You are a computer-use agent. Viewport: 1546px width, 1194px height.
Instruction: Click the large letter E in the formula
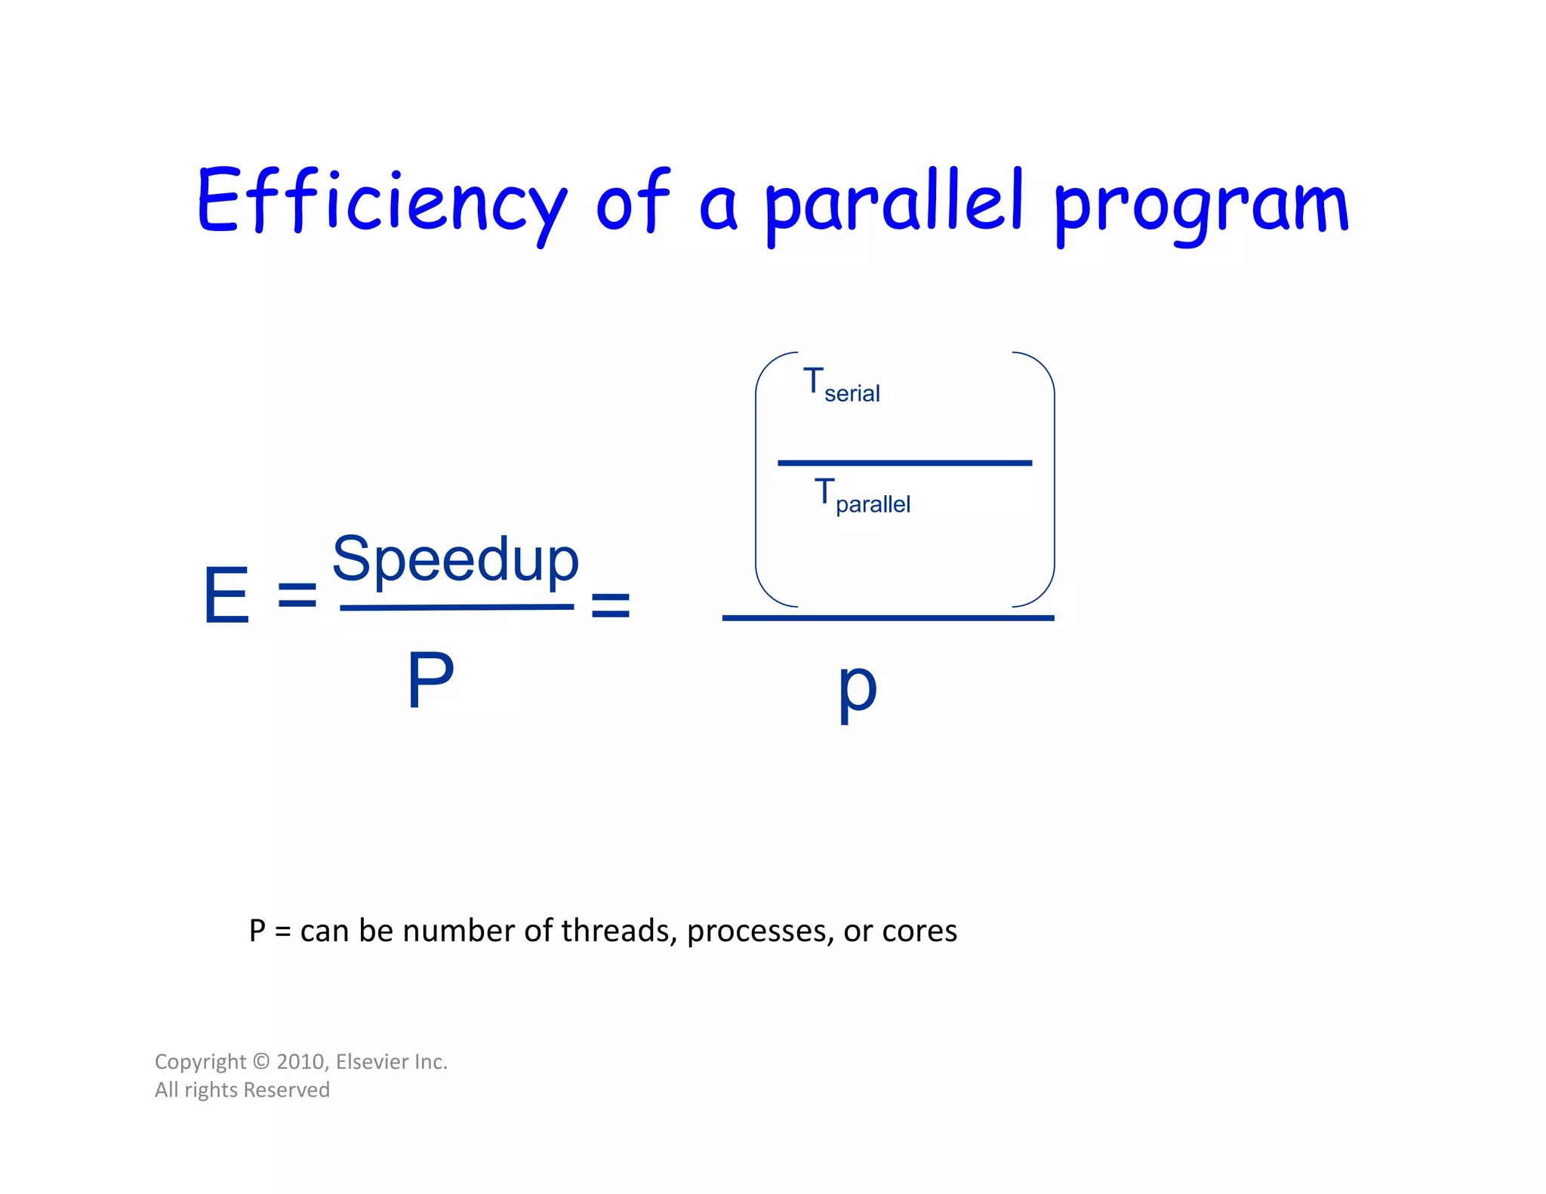[x=226, y=595]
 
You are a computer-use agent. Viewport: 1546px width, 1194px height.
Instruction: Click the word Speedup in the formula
[x=455, y=560]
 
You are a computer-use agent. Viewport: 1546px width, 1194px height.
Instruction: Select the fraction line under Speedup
[x=457, y=608]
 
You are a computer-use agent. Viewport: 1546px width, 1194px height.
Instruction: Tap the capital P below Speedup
[x=430, y=680]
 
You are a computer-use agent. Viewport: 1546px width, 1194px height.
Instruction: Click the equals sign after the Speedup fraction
[x=610, y=605]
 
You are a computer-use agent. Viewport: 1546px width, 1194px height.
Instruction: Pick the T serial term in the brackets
[x=841, y=386]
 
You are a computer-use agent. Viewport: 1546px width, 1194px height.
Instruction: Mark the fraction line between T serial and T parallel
[x=904, y=463]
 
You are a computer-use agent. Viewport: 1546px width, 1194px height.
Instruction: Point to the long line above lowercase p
[x=888, y=618]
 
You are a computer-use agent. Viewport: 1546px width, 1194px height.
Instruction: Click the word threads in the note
[x=618, y=931]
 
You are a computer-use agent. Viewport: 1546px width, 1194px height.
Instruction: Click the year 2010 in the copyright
[x=300, y=1062]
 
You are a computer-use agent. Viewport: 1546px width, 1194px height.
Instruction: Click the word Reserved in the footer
[x=286, y=1090]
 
